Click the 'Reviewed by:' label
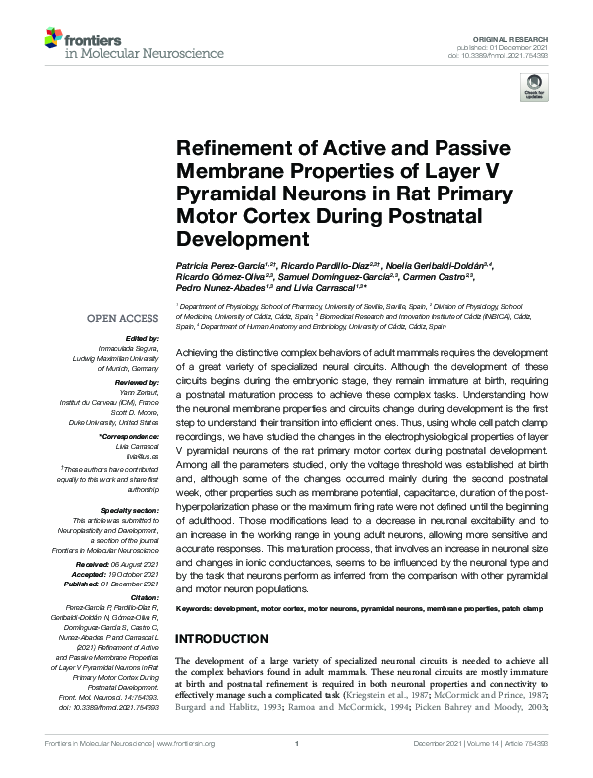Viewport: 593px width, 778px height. (x=137, y=381)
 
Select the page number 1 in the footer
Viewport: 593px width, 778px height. (x=297, y=770)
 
